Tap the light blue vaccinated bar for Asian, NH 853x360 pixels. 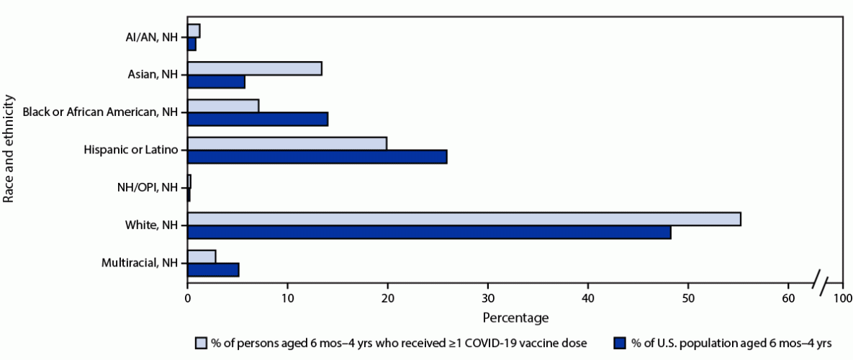[x=254, y=68]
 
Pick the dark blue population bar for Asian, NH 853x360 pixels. [x=216, y=82]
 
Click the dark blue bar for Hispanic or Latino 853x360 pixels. [x=317, y=157]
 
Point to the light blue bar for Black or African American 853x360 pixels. [x=223, y=106]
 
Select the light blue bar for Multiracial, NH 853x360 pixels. [x=202, y=256]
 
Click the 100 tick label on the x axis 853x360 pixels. [x=842, y=297]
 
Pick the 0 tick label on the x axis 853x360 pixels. [x=188, y=297]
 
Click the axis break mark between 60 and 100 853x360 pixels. [x=821, y=282]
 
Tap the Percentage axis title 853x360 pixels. [x=515, y=317]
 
